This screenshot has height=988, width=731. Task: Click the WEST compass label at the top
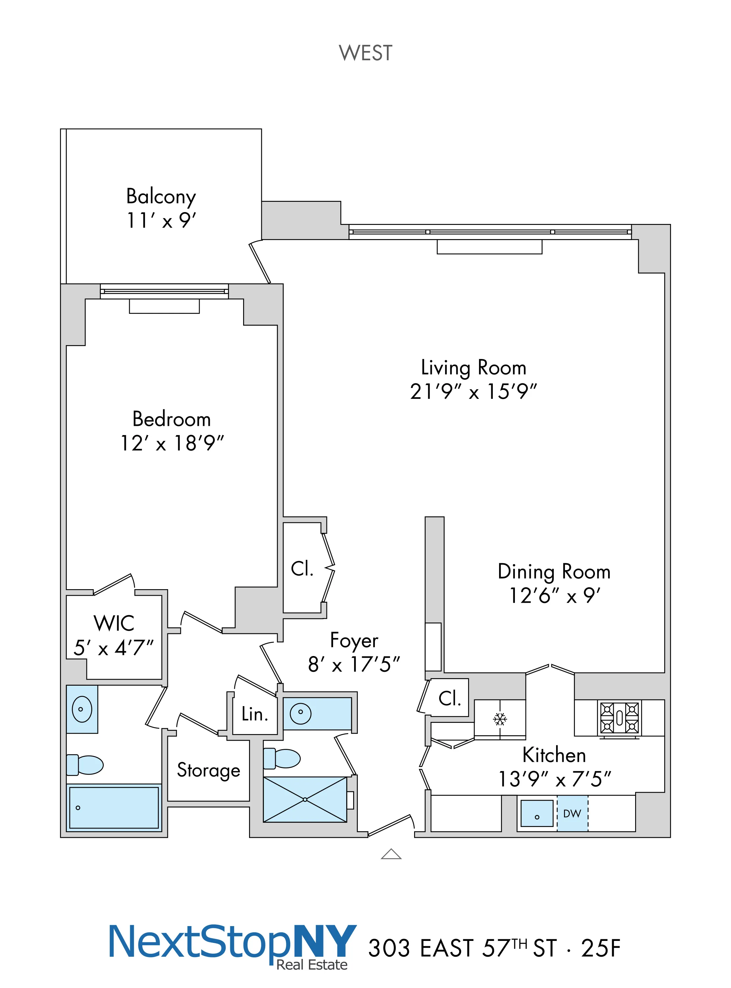[x=366, y=53]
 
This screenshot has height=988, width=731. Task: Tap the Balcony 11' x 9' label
[x=161, y=208]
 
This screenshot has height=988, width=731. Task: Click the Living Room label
[x=473, y=368]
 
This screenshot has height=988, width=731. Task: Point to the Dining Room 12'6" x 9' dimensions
[x=554, y=596]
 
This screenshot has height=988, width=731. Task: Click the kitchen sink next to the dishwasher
[x=537, y=813]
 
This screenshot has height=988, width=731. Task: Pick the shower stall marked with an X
[x=305, y=800]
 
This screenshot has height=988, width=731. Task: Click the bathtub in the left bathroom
[x=114, y=808]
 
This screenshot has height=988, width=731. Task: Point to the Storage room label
[x=209, y=770]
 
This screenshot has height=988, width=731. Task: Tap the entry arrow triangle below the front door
[x=391, y=854]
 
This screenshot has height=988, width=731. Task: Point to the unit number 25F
[x=601, y=948]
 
